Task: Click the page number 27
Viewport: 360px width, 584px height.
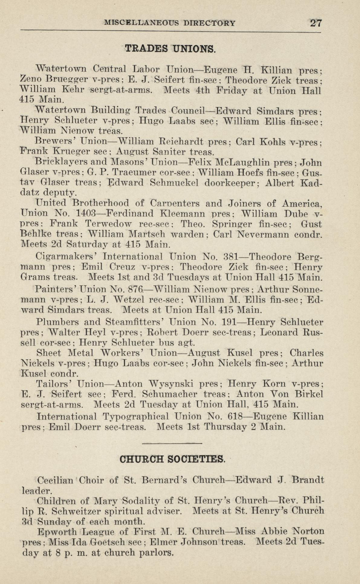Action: pyautogui.click(x=316, y=23)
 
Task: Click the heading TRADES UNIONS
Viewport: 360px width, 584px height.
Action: pyautogui.click(x=170, y=48)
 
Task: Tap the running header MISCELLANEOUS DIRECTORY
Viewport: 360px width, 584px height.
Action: pyautogui.click(x=169, y=23)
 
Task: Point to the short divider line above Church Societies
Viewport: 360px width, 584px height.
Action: pyautogui.click(x=171, y=443)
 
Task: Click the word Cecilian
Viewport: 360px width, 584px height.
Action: pyautogui.click(x=55, y=480)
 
